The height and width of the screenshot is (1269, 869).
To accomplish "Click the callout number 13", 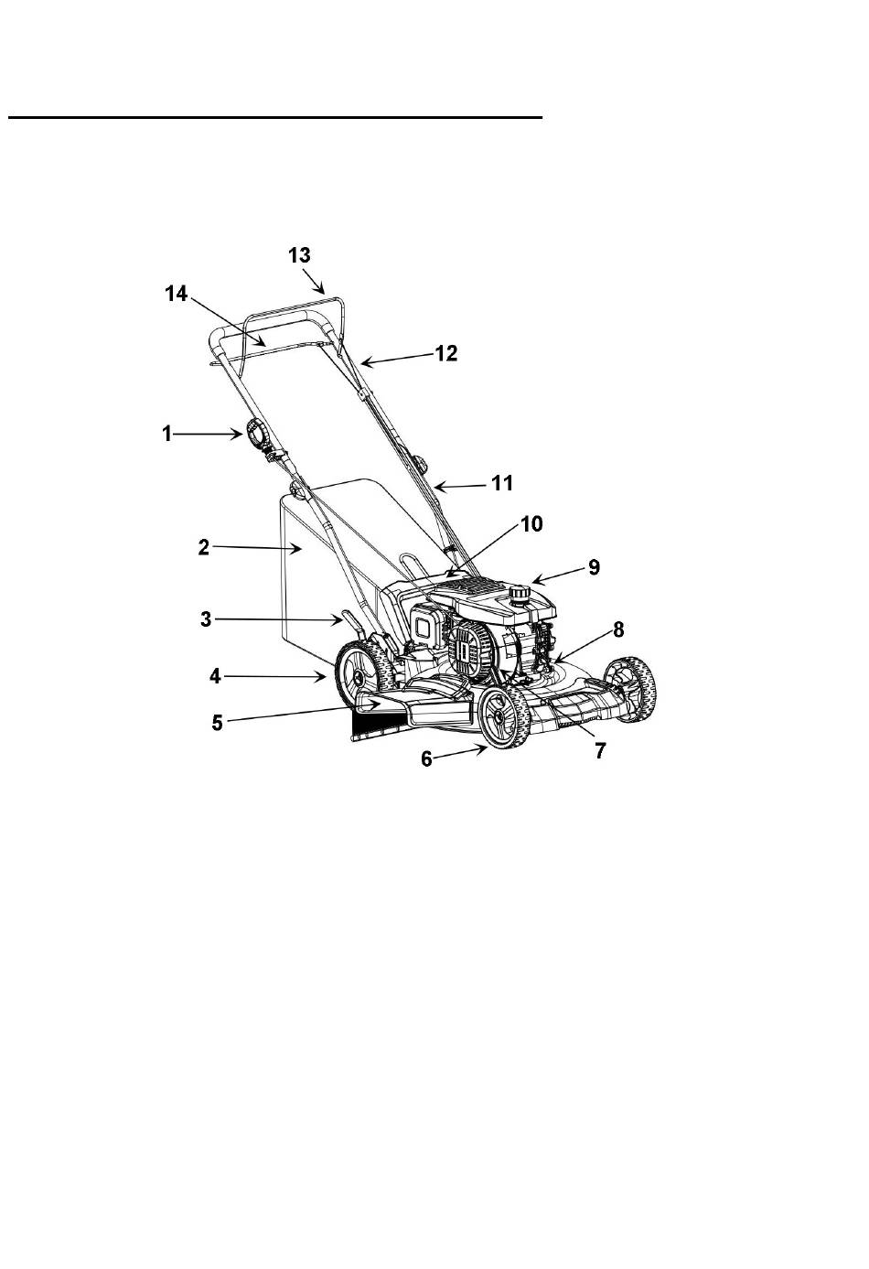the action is pyautogui.click(x=300, y=255).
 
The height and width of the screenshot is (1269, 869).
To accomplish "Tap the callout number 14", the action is pyautogui.click(x=177, y=294).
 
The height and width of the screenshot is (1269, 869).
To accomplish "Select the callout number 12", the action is pyautogui.click(x=445, y=353).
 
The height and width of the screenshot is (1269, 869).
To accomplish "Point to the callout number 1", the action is pyautogui.click(x=166, y=434).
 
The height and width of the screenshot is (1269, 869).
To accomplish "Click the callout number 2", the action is pyautogui.click(x=204, y=547).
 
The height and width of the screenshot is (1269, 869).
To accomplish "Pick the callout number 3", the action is pyautogui.click(x=206, y=619).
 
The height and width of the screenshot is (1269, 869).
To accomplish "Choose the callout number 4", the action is pyautogui.click(x=215, y=676).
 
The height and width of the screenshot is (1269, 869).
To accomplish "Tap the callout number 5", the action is pyautogui.click(x=217, y=723).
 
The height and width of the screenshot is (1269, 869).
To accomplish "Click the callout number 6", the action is pyautogui.click(x=426, y=759).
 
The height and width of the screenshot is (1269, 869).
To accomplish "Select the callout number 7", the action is pyautogui.click(x=600, y=750).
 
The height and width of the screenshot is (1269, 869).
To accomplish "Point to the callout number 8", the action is pyautogui.click(x=618, y=629).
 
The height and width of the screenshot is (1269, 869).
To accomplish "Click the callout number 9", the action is pyautogui.click(x=594, y=567).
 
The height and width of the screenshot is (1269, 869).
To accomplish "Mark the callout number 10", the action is pyautogui.click(x=531, y=524).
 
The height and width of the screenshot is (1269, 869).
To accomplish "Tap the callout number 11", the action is pyautogui.click(x=502, y=483).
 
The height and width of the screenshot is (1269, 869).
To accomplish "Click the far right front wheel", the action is pyautogui.click(x=630, y=689).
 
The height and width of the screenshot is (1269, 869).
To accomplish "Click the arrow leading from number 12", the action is pyautogui.click(x=397, y=360).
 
